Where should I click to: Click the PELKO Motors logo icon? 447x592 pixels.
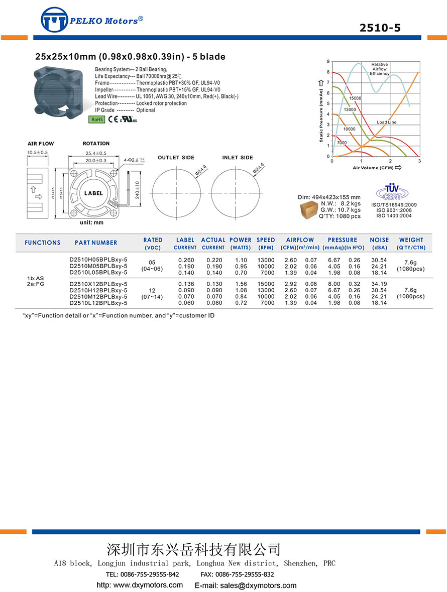[54, 20]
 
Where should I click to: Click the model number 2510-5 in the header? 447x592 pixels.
[380, 28]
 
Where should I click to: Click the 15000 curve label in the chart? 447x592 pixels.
[355, 98]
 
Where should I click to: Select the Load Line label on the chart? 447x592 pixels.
[387, 123]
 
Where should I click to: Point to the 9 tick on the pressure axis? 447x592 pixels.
[327, 62]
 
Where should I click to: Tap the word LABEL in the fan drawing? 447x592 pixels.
[93, 193]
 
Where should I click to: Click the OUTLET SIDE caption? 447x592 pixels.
[176, 158]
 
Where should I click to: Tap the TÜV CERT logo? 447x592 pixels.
[390, 192]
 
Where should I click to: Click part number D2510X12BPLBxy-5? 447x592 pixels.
[98, 284]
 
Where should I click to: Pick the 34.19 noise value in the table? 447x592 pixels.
[379, 284]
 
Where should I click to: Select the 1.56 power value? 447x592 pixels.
[241, 284]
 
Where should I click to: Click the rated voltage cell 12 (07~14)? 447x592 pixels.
[152, 294]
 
